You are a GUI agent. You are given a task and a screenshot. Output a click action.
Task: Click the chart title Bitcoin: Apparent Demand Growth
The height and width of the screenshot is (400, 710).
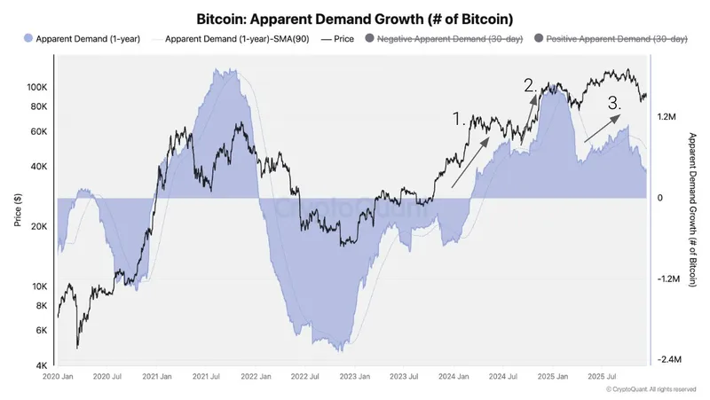pyautogui.click(x=354, y=18)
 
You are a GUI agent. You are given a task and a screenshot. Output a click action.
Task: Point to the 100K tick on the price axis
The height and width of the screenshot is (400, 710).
pyautogui.click(x=37, y=88)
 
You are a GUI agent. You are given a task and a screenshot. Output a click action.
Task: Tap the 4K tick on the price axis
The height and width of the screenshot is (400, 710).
pyautogui.click(x=43, y=365)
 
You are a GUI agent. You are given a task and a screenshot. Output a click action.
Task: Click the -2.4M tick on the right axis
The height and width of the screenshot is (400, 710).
pyautogui.click(x=668, y=360)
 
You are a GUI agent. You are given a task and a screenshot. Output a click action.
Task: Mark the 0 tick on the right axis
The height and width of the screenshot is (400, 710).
pyautogui.click(x=659, y=198)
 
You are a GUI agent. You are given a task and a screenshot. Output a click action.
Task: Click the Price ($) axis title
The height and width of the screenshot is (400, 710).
pyautogui.click(x=18, y=209)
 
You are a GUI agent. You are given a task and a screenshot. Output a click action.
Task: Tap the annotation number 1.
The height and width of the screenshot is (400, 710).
pyautogui.click(x=459, y=117)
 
